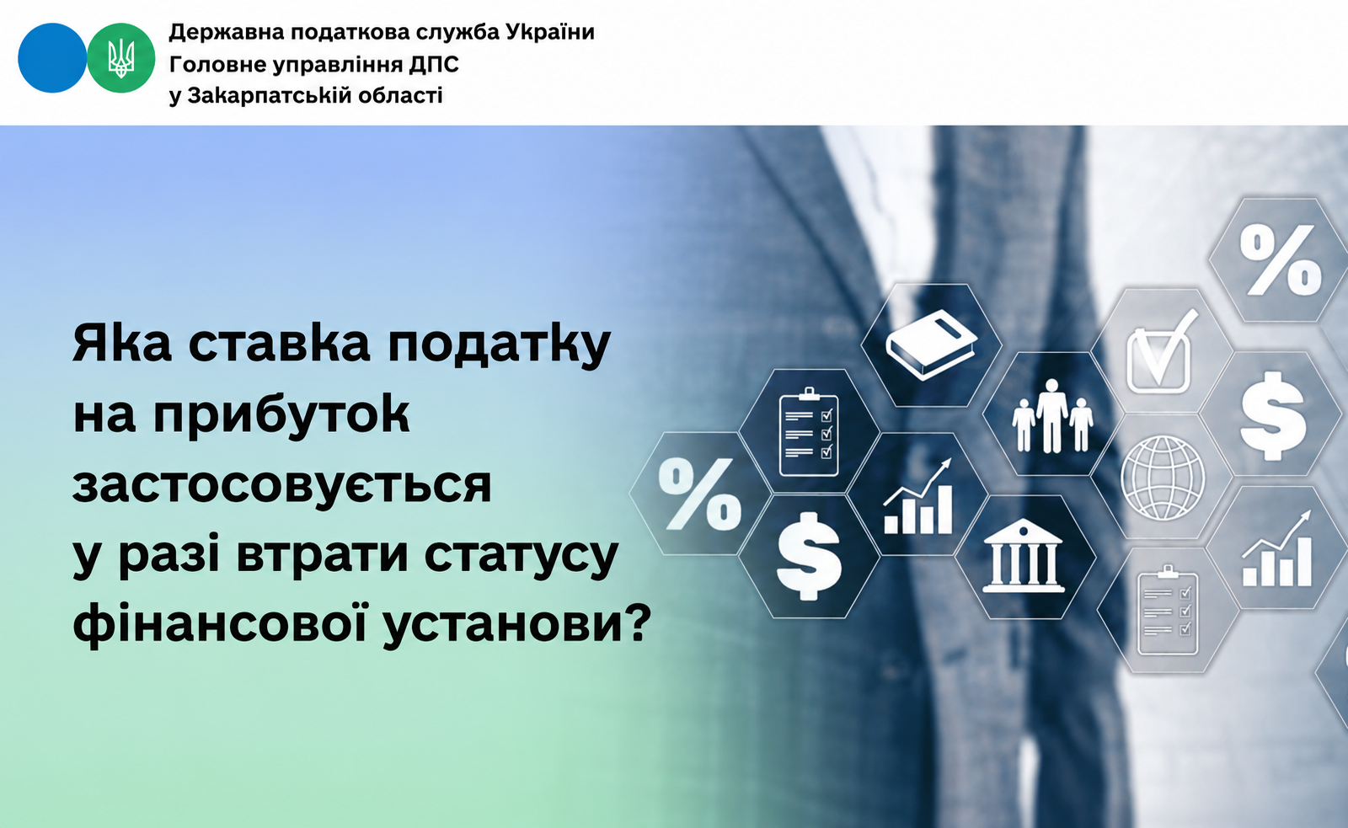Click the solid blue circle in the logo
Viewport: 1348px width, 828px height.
tap(52, 58)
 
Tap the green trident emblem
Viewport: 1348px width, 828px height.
tap(121, 58)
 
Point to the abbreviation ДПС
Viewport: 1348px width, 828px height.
tap(434, 64)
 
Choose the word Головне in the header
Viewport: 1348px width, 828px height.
tap(217, 64)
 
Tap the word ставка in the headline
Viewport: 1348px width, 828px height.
tap(279, 344)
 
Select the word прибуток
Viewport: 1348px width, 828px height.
tap(281, 416)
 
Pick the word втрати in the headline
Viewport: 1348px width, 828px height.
tap(322, 556)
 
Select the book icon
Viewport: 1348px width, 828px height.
tap(932, 345)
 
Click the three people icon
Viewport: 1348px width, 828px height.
tap(1052, 416)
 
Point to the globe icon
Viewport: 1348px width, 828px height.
tap(1163, 478)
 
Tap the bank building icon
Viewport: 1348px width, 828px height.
tap(1023, 555)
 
